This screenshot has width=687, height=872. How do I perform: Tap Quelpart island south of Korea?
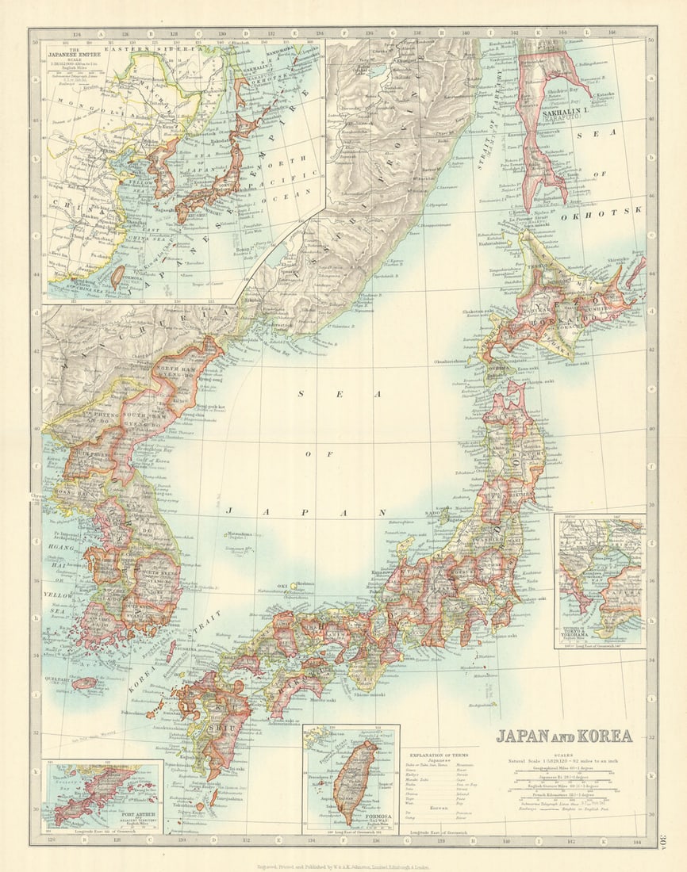coord(85,682)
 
